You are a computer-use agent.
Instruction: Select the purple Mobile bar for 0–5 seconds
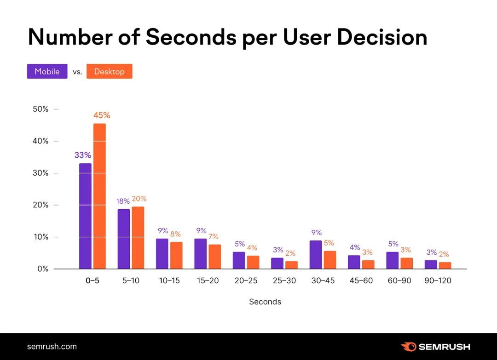85,216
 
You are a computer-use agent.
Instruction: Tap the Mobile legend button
47,71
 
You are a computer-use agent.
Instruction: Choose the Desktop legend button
109,71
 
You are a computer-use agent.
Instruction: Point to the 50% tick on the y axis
40,109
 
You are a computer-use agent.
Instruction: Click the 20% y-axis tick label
40,205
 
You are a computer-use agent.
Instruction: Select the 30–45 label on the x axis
322,280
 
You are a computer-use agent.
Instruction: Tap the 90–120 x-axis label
438,280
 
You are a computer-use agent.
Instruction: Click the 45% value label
102,115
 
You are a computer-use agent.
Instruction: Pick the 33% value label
83,155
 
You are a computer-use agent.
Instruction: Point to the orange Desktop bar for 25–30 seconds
291,265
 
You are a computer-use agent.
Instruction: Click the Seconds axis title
265,302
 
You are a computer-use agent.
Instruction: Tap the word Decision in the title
381,38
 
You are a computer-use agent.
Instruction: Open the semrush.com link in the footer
52,347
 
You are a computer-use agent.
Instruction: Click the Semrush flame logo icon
408,347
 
